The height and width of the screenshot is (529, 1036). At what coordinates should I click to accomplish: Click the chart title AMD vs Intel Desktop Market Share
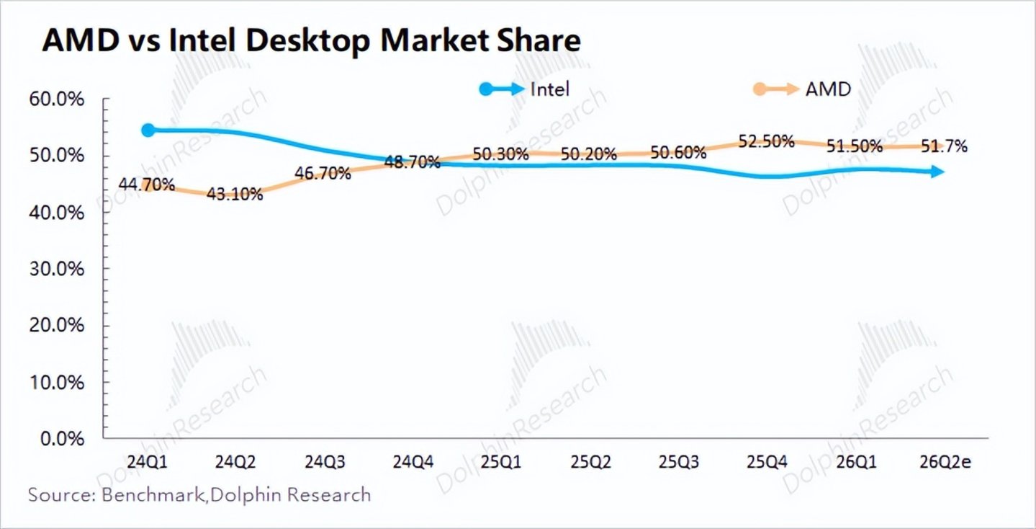[311, 41]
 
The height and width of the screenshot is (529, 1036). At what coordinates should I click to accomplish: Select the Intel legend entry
[524, 89]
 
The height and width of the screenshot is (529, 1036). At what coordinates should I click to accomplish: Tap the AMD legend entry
[802, 89]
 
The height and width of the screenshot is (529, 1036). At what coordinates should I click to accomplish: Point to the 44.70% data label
[147, 185]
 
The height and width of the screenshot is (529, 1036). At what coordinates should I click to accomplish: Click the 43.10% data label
[235, 194]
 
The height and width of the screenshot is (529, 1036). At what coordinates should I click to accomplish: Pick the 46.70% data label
[323, 173]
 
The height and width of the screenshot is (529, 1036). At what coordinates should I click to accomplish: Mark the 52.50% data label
[766, 141]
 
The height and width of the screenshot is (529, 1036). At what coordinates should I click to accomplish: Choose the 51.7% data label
[944, 146]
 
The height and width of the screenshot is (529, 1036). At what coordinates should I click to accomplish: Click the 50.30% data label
[500, 154]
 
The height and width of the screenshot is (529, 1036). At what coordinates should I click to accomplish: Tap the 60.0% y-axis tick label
[57, 99]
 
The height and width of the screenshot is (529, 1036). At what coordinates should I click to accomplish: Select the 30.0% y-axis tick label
[57, 269]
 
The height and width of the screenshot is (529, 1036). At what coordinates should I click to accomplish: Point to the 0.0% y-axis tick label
[63, 439]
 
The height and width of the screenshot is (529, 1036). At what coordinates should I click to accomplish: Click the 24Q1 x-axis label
[147, 462]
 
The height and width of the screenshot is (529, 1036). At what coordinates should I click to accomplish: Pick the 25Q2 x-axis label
[590, 462]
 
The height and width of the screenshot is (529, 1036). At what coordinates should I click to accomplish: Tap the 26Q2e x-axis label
[945, 462]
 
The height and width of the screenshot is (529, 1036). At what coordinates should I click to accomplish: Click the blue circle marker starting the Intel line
[148, 130]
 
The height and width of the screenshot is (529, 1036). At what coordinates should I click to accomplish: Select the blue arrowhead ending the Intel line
[937, 172]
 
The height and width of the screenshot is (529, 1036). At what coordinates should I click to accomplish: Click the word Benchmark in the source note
[153, 494]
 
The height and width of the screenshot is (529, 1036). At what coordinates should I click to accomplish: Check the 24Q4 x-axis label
[413, 462]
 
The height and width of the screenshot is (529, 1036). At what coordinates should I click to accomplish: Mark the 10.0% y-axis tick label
[57, 383]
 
